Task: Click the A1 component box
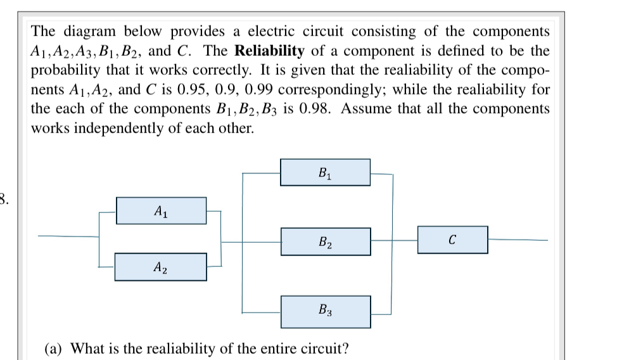click(161, 210)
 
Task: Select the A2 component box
click(161, 267)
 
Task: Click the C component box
click(452, 240)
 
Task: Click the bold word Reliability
click(274, 50)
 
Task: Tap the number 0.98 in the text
click(313, 108)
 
